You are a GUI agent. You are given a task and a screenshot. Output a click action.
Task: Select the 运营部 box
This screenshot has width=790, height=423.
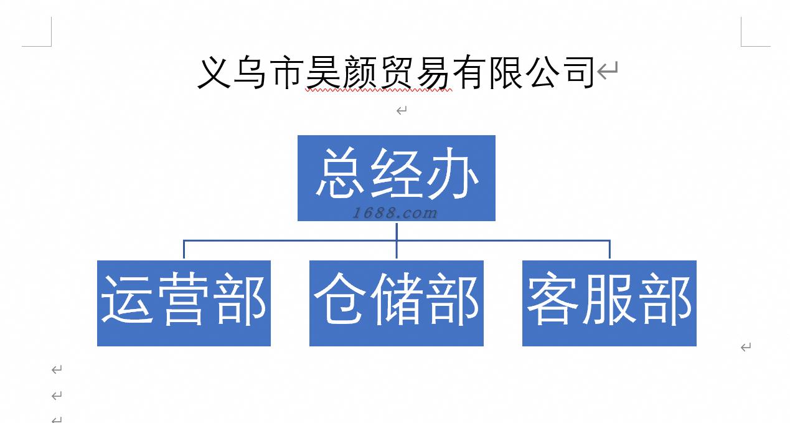click(x=184, y=303)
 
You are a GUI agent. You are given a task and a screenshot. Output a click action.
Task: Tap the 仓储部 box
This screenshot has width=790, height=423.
click(x=396, y=303)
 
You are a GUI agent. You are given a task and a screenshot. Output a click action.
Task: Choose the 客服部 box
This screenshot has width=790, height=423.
click(x=609, y=303)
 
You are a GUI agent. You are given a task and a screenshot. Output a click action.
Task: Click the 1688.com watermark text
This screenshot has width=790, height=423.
click(x=395, y=213)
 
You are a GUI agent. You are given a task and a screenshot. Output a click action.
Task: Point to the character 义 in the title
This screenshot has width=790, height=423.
click(x=214, y=73)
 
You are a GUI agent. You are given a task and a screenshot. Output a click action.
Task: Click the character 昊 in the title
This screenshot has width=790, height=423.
click(x=323, y=73)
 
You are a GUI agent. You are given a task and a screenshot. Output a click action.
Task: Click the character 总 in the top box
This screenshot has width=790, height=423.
click(x=340, y=175)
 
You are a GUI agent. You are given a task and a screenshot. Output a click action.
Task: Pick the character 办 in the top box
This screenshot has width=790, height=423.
click(x=452, y=175)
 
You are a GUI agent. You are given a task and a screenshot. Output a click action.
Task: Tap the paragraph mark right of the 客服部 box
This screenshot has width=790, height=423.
click(x=746, y=347)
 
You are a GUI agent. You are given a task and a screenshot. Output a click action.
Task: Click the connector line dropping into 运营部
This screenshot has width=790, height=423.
click(x=184, y=249)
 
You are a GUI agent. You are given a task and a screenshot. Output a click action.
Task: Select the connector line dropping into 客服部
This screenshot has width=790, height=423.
click(x=609, y=249)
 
